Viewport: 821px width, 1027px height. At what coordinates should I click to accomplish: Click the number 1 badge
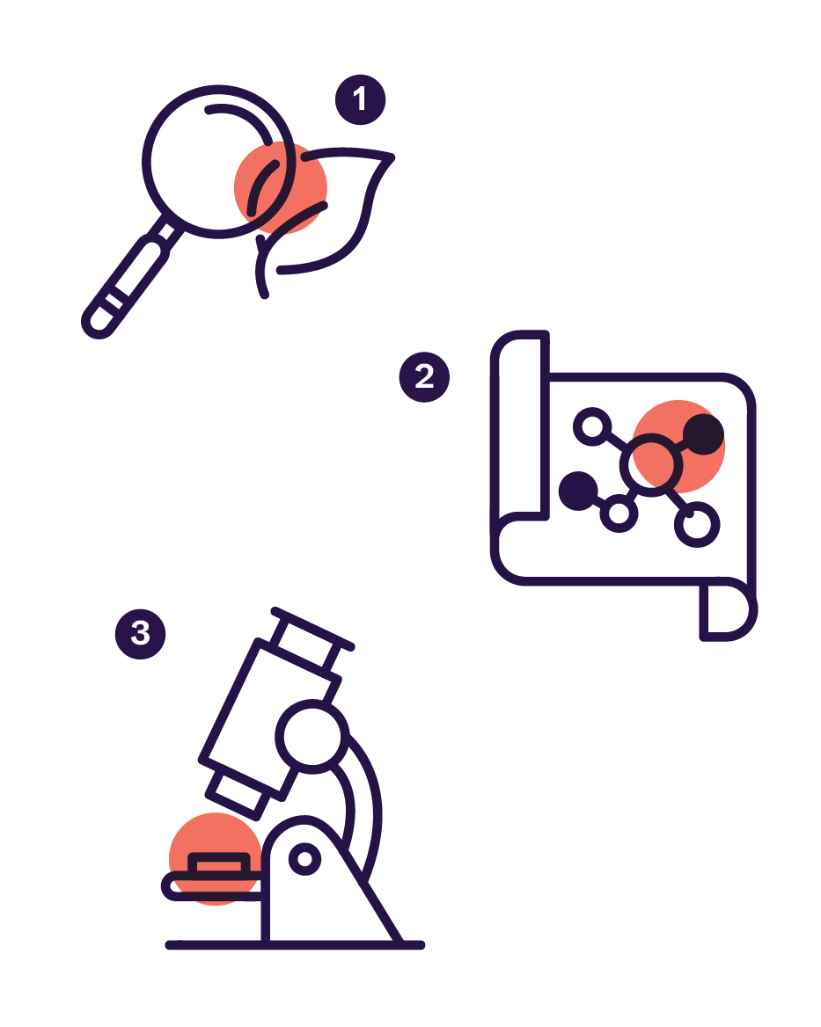point(360,99)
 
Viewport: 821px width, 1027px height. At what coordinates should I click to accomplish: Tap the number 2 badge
point(424,376)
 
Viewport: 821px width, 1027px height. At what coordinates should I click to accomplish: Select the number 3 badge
point(141,633)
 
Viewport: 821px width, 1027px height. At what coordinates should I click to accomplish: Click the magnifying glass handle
point(132,277)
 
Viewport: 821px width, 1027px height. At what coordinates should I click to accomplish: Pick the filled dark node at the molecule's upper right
point(704,433)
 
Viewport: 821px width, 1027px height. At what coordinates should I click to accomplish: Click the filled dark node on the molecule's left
point(578,491)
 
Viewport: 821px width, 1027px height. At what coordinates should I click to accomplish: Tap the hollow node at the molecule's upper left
point(592,426)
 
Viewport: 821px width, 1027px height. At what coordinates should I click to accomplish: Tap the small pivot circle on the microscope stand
point(304,859)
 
